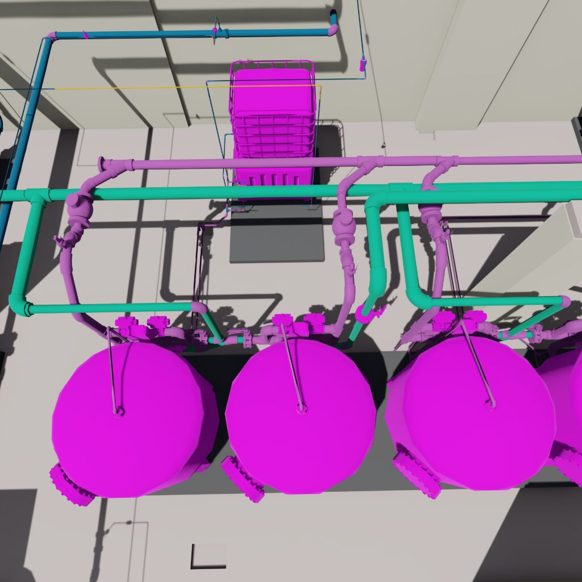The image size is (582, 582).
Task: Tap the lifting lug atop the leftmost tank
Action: coord(118,410)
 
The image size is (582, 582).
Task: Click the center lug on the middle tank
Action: coord(301,408)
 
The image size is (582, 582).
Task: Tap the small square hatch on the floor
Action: coord(208,556)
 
